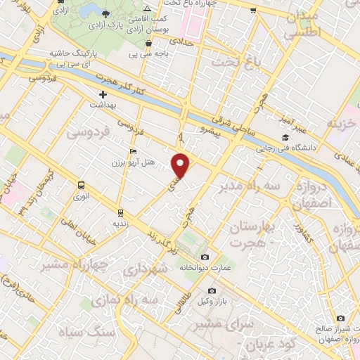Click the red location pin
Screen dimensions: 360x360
[181, 165]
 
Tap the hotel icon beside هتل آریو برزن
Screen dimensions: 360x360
[134, 152]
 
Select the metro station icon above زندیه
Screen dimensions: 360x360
[120, 212]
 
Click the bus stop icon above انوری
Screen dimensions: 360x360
[80, 186]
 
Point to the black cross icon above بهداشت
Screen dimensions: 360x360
[103, 94]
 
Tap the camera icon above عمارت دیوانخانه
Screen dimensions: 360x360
[205, 257]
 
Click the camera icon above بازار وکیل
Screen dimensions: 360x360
[212, 291]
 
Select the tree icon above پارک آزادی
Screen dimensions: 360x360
[105, 15]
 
